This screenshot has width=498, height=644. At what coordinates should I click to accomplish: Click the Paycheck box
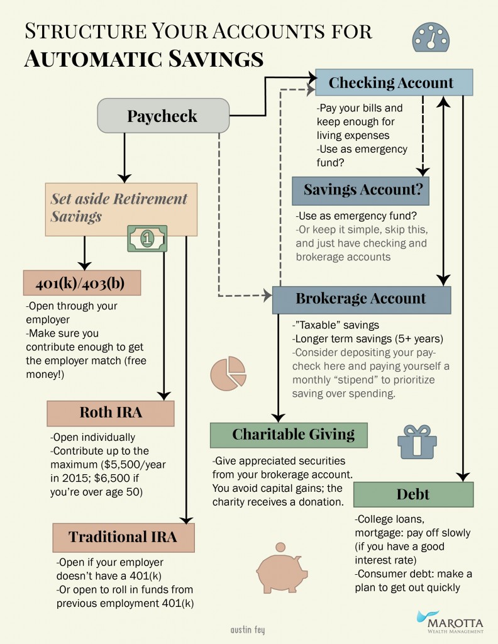point(162,116)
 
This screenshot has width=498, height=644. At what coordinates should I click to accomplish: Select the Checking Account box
point(391,82)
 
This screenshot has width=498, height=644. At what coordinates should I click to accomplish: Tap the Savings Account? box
point(360,190)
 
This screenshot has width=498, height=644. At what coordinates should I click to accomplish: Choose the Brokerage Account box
point(361,299)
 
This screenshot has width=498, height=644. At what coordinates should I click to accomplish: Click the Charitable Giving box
point(289,434)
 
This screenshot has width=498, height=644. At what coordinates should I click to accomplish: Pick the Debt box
point(413,494)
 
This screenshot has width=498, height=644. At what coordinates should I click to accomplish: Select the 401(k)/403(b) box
point(81,282)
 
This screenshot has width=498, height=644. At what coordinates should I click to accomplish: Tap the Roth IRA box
point(110,413)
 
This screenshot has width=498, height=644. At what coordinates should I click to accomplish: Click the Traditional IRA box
point(123,536)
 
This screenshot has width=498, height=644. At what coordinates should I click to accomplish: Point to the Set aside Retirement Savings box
point(121,208)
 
